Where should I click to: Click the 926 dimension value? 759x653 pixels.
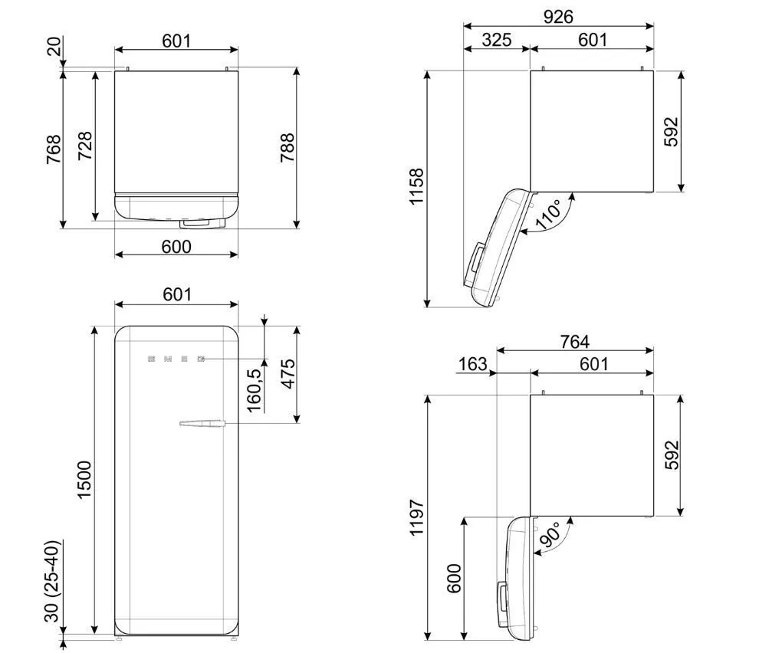558,17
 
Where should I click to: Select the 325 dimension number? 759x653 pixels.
497,40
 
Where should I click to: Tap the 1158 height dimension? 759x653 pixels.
416,187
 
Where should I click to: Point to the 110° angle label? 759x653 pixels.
548,214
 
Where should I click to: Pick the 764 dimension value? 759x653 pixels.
574,342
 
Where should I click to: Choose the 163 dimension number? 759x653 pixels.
472,364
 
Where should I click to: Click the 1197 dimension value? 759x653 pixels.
416,517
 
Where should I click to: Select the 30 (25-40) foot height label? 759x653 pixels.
51,581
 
